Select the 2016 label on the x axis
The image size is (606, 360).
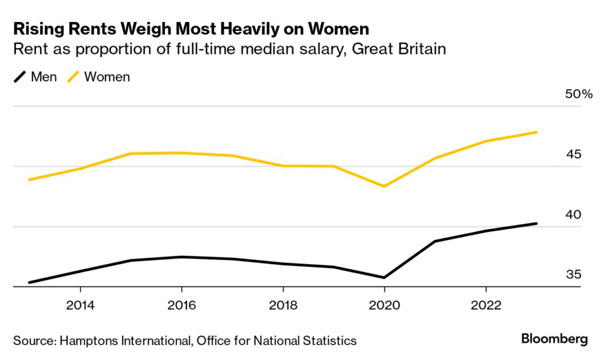(x=181, y=306)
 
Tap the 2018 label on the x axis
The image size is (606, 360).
(x=283, y=306)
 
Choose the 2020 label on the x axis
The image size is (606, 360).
(x=384, y=306)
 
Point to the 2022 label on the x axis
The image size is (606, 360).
(x=486, y=306)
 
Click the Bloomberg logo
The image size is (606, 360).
(x=555, y=339)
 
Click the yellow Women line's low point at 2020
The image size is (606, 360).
(x=384, y=187)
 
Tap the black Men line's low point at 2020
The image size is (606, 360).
(x=384, y=277)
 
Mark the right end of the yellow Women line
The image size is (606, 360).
(x=536, y=132)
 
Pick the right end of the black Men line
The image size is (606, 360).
(x=536, y=223)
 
